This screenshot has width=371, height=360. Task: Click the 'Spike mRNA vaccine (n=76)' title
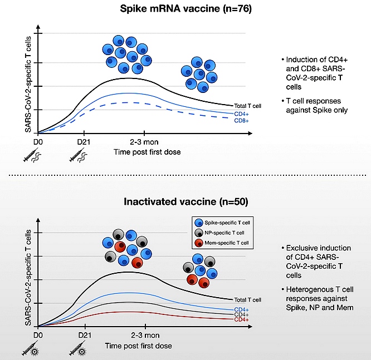(186, 9)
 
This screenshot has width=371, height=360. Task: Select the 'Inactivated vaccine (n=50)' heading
(186, 201)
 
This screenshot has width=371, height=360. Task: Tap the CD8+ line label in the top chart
(241, 121)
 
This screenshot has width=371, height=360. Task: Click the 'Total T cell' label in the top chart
(247, 106)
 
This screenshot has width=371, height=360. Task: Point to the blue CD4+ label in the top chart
(241, 114)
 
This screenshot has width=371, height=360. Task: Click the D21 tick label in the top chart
(84, 142)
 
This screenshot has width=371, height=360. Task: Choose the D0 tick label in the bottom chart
(38, 336)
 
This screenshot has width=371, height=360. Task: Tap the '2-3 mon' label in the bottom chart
(145, 335)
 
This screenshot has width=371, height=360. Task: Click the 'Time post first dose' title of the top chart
(147, 152)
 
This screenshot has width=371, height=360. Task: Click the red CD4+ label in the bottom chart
(241, 320)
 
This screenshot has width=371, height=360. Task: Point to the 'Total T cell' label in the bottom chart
(247, 300)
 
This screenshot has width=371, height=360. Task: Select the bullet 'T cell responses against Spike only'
(315, 105)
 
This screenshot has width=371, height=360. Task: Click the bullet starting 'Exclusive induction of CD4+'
(316, 262)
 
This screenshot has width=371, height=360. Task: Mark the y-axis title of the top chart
(28, 84)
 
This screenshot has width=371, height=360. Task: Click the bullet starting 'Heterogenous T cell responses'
(318, 299)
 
